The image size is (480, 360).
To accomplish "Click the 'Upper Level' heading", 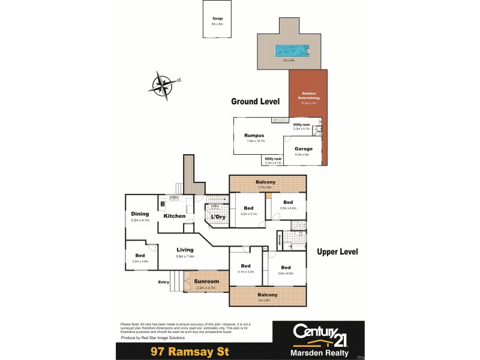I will (337, 252).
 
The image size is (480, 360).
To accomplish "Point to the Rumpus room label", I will (254, 136).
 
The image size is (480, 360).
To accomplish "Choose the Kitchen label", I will (175, 216).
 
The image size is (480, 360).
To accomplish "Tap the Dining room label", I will (140, 214).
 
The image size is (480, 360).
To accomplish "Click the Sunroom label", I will (206, 281).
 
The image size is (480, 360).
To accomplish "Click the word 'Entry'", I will (163, 282).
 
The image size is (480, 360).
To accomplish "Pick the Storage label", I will (280, 241).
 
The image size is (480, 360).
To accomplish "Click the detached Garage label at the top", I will (217, 19).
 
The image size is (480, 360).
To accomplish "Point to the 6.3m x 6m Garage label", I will (302, 148).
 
